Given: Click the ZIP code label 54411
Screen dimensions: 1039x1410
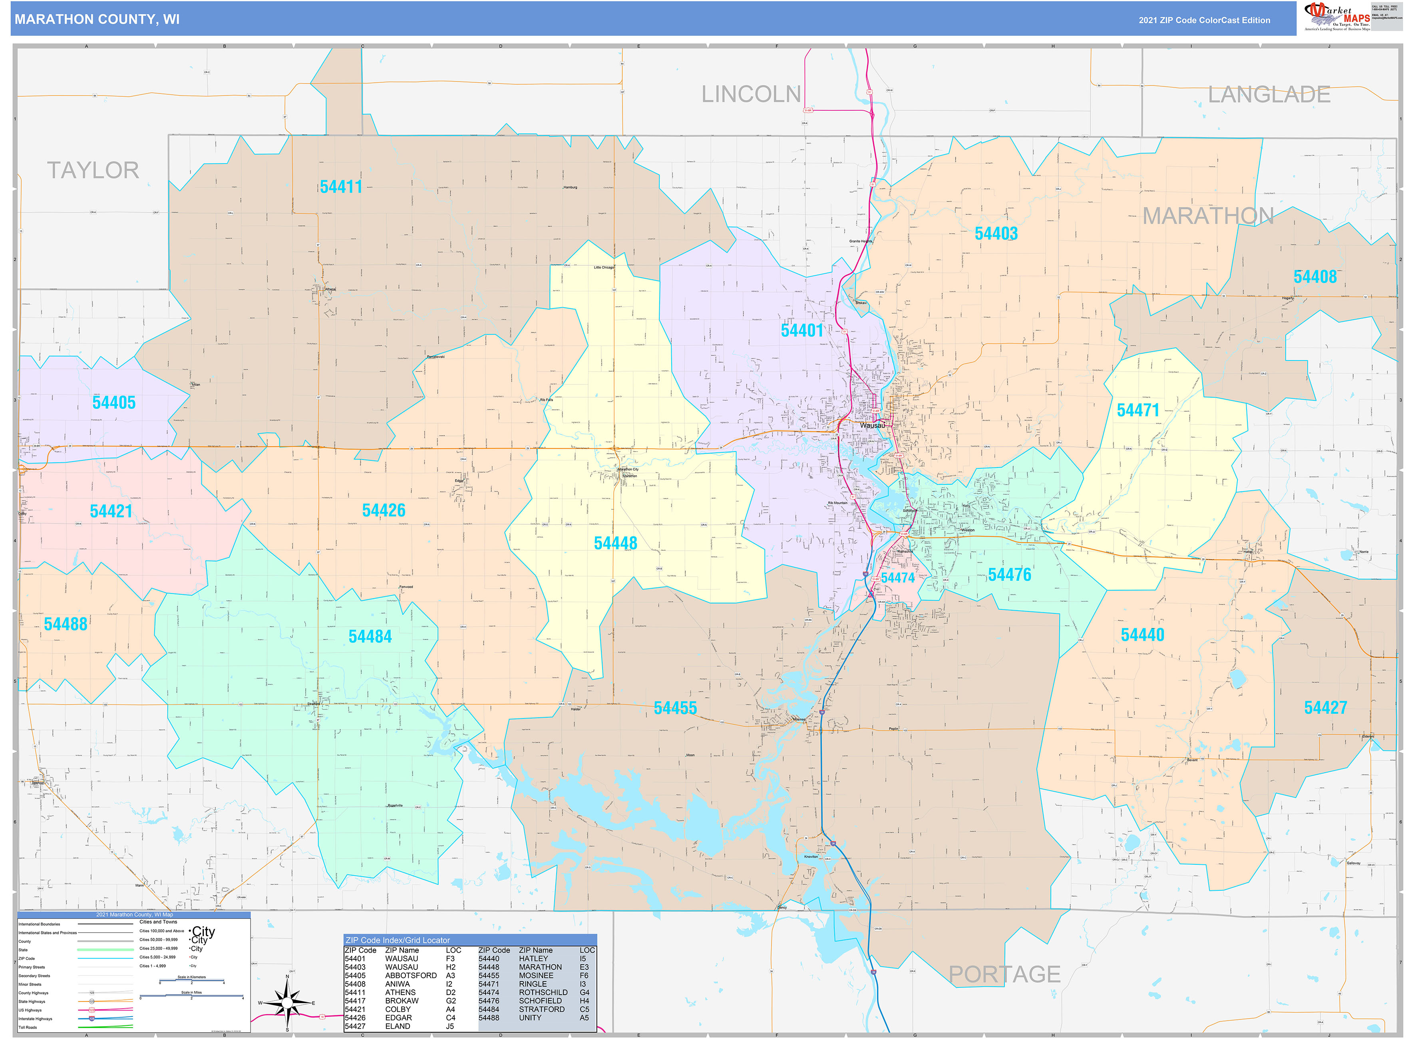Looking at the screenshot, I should coord(341,187).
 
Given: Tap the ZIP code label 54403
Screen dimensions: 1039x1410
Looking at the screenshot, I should coord(996,233).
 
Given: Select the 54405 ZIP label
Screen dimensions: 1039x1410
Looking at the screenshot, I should coord(114,402).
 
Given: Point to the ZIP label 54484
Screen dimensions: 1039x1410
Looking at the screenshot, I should coord(370,637).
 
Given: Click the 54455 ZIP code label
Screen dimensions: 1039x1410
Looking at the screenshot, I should coord(675,708).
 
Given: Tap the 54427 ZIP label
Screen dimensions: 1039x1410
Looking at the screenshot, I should coord(1325,708).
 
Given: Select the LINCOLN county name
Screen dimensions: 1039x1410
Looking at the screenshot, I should coord(751,94).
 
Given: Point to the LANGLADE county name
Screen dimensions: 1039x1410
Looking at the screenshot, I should coord(1269,94).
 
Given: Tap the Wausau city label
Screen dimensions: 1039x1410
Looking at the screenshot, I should coord(872,425).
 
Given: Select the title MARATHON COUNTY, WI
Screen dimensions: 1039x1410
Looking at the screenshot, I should coord(97,20).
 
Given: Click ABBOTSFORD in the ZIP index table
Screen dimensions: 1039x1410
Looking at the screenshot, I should coord(411,975).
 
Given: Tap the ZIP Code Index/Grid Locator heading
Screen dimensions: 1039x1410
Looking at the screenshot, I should coord(398,940).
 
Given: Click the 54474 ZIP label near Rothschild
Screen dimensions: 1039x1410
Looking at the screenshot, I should coord(897,578).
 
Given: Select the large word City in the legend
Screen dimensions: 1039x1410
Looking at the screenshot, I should coord(203,931).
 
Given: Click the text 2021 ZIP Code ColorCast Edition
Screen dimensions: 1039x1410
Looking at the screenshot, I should coord(1204,20).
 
